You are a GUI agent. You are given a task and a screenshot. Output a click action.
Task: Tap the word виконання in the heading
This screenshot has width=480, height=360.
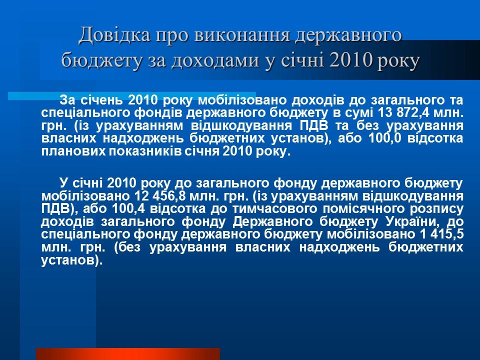pyautogui.click(x=231, y=35)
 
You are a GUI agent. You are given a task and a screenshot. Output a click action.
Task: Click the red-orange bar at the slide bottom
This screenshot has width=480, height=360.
pyautogui.click(x=127, y=354)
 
